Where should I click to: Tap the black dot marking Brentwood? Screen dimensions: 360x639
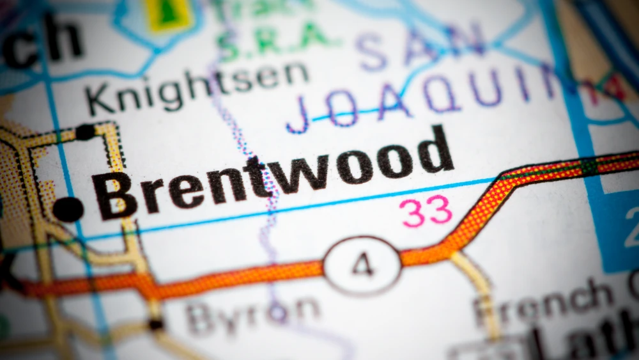coord(68,209)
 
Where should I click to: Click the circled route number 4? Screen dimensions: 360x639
coord(362,265)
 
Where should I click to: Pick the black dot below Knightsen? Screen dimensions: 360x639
coord(84,132)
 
